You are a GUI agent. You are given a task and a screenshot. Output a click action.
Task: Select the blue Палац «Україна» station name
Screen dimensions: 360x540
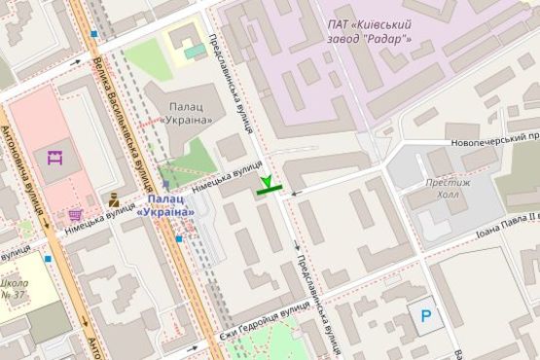[x=164, y=205]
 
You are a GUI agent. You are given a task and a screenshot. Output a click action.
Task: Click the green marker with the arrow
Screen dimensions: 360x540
[x=269, y=186]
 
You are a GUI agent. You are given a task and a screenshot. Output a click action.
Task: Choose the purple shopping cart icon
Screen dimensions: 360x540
[x=76, y=214]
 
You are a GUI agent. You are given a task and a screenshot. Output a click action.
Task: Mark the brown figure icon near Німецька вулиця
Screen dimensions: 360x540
[x=114, y=202]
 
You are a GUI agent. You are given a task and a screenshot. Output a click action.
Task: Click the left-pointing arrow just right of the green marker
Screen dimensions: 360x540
[x=295, y=193]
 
